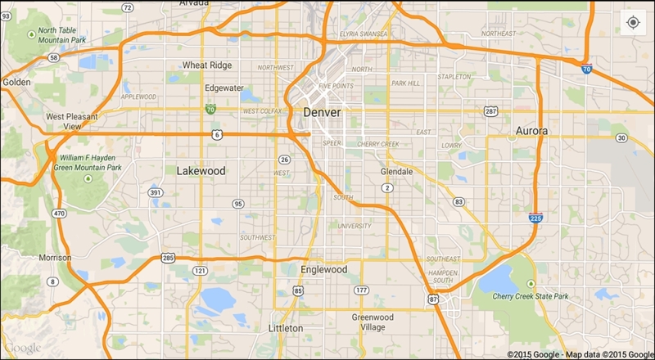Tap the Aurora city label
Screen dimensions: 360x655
click(x=531, y=131)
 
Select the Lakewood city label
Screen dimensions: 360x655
click(x=200, y=171)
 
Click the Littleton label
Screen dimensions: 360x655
click(x=285, y=328)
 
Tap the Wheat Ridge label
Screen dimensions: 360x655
click(x=207, y=65)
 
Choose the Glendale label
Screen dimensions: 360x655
click(x=397, y=172)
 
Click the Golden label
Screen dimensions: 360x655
click(x=16, y=82)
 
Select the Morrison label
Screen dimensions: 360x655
click(x=56, y=258)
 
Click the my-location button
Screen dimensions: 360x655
click(x=633, y=22)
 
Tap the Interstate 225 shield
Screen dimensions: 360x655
click(x=535, y=218)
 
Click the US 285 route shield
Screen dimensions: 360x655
click(x=167, y=258)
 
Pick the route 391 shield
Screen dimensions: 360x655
click(x=156, y=192)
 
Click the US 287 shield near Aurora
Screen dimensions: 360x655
click(x=491, y=110)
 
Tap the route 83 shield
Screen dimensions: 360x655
click(x=458, y=201)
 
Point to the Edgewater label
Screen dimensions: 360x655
click(x=224, y=88)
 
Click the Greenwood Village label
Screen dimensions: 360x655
click(x=373, y=322)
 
